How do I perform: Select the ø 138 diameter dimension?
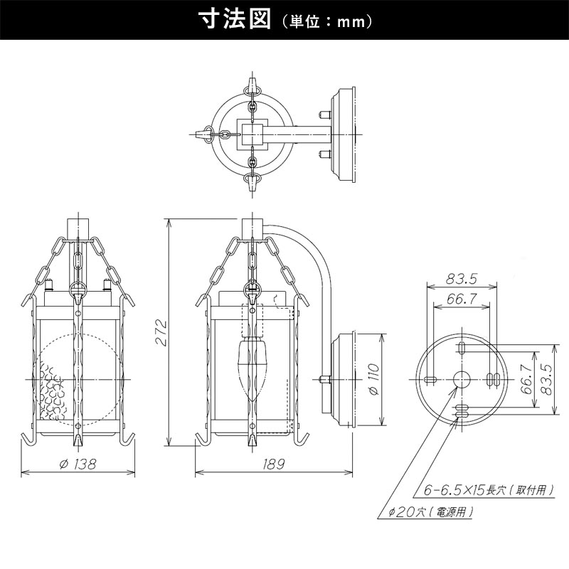pos(78,464)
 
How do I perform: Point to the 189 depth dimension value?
pos(274,464)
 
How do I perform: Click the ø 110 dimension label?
pos(374,380)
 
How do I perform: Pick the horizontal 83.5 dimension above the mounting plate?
pos(461,279)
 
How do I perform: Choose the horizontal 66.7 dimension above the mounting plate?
pos(461,299)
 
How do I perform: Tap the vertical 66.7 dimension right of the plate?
pos(526,380)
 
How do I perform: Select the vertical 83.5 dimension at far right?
pos(546,380)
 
